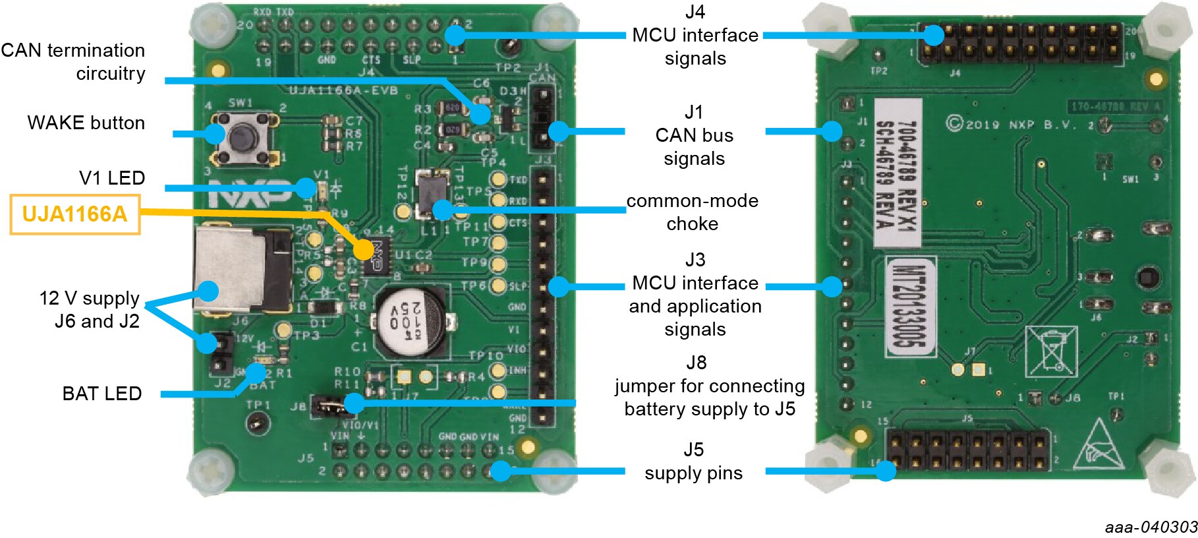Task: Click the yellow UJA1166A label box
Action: pyautogui.click(x=74, y=214)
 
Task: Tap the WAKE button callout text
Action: pyautogui.click(x=86, y=123)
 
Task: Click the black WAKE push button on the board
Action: pyautogui.click(x=242, y=137)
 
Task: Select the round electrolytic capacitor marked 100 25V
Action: pyautogui.click(x=409, y=321)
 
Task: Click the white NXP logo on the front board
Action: pyautogui.click(x=249, y=193)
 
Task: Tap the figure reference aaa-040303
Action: pyautogui.click(x=1151, y=527)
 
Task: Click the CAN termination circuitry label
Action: pyautogui.click(x=73, y=62)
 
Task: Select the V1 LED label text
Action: pyautogui.click(x=112, y=178)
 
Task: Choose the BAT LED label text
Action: pyautogui.click(x=102, y=394)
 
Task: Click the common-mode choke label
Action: pyautogui.click(x=692, y=212)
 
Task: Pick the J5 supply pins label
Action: pyautogui.click(x=693, y=462)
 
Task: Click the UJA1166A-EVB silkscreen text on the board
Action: pyautogui.click(x=343, y=90)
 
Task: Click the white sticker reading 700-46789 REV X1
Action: pyautogui.click(x=897, y=173)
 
